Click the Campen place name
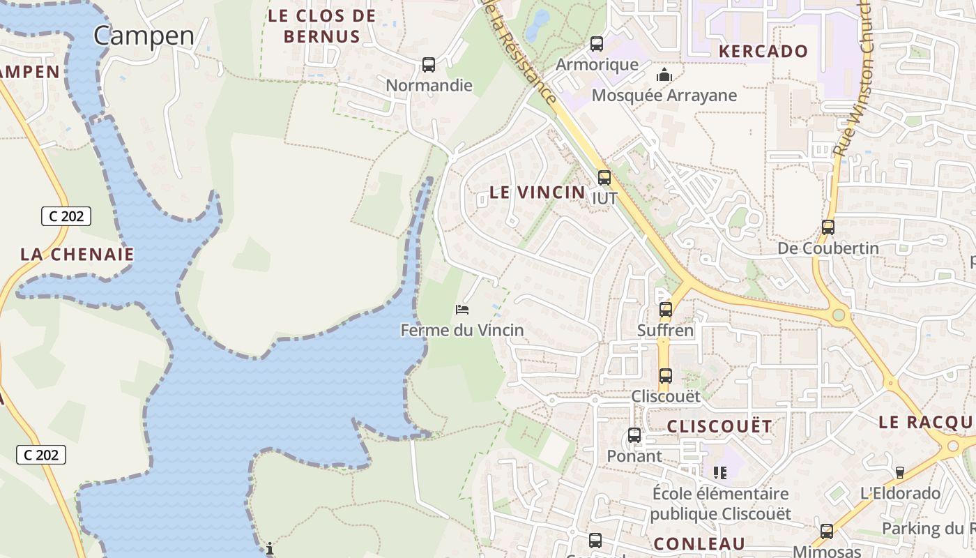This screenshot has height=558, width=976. (144, 35)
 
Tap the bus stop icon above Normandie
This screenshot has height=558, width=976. (429, 65)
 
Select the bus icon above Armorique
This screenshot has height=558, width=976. (597, 44)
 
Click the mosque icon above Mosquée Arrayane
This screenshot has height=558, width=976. (664, 74)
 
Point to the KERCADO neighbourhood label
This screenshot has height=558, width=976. (763, 51)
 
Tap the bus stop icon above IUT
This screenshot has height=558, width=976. (604, 178)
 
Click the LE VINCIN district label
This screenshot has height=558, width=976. (537, 193)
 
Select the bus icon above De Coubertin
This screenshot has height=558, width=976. (828, 227)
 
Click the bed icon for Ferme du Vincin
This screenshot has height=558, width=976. (462, 309)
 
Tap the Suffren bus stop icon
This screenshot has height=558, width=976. (666, 310)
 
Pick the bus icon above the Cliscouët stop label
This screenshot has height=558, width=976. (666, 376)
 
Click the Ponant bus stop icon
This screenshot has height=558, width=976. (634, 435)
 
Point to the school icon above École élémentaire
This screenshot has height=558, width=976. (720, 473)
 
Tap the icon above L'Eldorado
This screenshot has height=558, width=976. (900, 473)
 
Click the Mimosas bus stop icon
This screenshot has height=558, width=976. (827, 531)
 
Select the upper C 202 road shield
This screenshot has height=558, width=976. (66, 216)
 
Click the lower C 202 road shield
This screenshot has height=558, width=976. (41, 455)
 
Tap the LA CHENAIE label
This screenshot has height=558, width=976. (77, 255)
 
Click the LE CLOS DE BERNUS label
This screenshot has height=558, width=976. (322, 26)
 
